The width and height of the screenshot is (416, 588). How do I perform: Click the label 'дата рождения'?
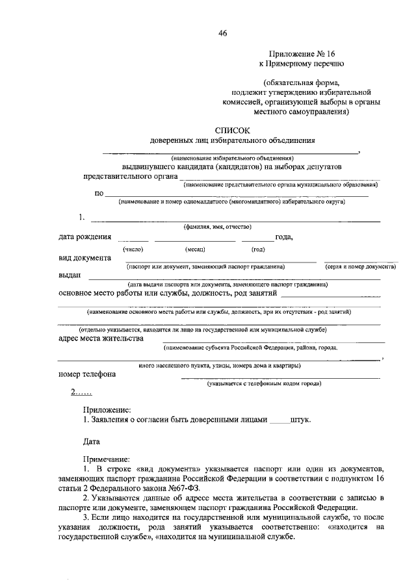pyautogui.click(x=84, y=236)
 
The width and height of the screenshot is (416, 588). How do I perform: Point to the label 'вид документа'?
pyautogui.click(x=84, y=257)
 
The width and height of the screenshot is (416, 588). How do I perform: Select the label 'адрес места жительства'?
pyautogui.click(x=100, y=339)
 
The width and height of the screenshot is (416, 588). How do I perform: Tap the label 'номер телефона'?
pyautogui.click(x=87, y=374)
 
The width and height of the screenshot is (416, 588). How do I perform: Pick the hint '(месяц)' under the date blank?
pyautogui.click(x=195, y=249)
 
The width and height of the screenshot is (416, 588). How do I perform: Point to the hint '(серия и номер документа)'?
pyautogui.click(x=361, y=267)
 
